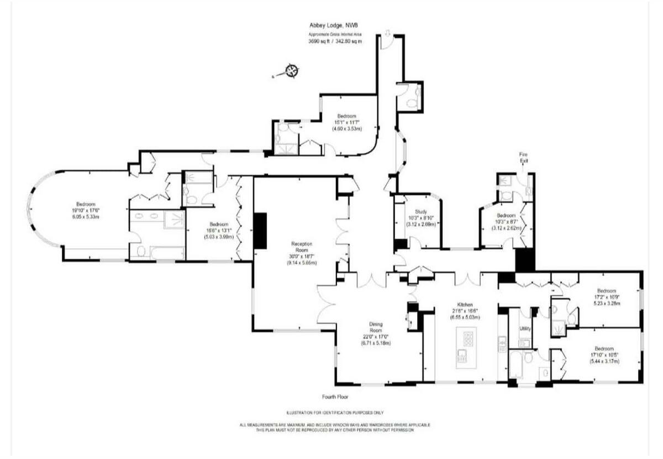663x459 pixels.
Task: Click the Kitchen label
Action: click(x=464, y=305)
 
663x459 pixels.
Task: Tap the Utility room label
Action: click(x=525, y=328)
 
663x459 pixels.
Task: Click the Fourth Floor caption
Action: click(x=335, y=397)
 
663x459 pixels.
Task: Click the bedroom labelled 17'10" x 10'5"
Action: click(x=604, y=354)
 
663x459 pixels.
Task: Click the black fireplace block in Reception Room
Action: click(x=260, y=231)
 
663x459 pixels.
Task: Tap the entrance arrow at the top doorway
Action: click(x=387, y=34)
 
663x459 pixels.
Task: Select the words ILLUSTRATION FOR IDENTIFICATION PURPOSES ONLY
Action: click(x=335, y=413)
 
